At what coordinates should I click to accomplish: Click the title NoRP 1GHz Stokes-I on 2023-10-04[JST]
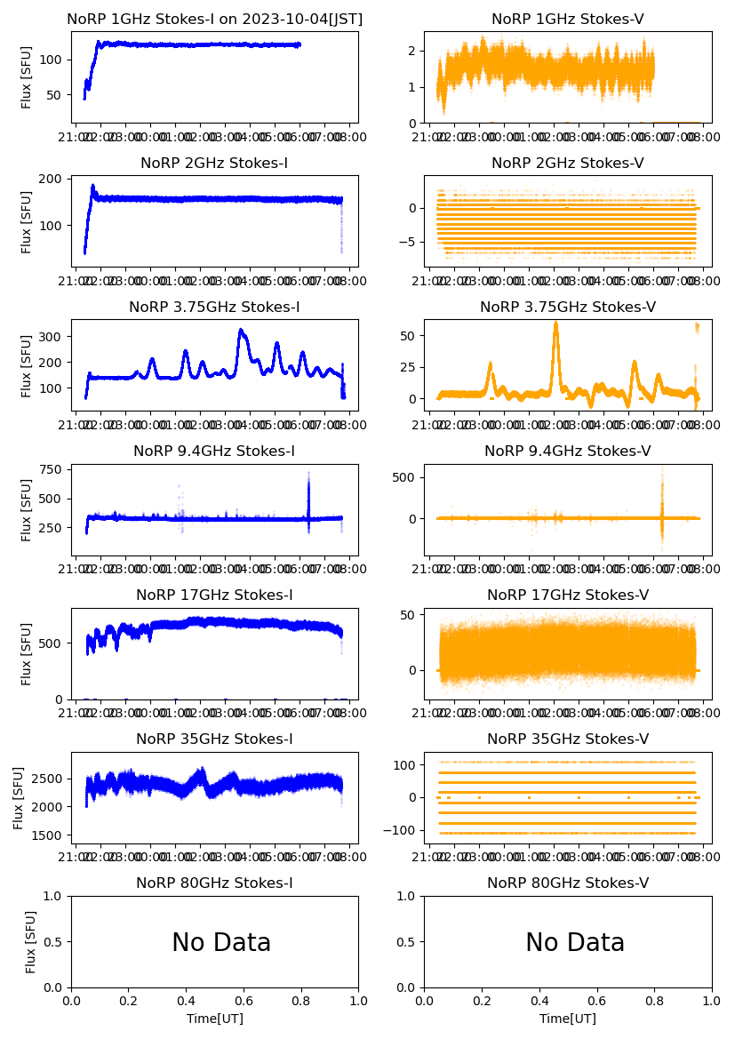(x=214, y=19)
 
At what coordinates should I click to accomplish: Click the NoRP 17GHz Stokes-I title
(x=214, y=595)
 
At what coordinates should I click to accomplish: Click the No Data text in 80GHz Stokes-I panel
(x=221, y=942)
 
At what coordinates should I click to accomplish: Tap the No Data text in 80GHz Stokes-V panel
(x=575, y=942)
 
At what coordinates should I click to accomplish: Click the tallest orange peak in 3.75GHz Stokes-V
(x=555, y=323)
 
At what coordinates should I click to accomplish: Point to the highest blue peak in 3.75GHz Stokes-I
(x=241, y=331)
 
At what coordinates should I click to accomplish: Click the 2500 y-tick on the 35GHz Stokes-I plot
(x=45, y=778)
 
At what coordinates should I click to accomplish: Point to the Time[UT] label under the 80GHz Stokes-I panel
(x=214, y=1019)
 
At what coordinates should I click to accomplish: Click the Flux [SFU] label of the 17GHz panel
(x=28, y=654)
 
